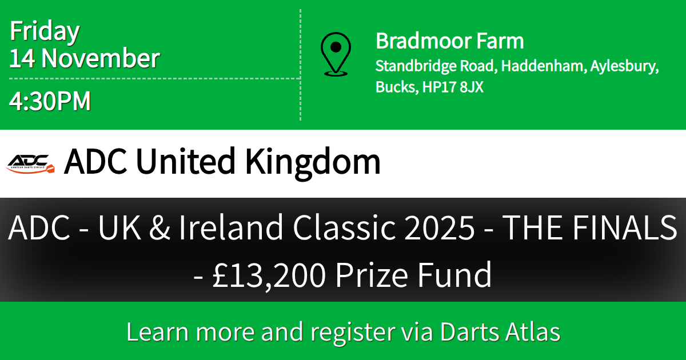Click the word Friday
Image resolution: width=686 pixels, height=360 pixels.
click(45, 32)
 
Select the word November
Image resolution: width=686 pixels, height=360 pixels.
click(101, 59)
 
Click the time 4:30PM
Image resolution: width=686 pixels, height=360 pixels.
click(50, 101)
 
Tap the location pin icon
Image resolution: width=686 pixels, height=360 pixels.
click(336, 54)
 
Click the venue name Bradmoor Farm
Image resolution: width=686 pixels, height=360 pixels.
click(449, 41)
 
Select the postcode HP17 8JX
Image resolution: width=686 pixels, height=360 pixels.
click(452, 87)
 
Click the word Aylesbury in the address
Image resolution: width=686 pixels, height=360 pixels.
click(623, 66)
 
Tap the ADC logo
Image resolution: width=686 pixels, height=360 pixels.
click(30, 163)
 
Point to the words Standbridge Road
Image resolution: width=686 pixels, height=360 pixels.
click(434, 66)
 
